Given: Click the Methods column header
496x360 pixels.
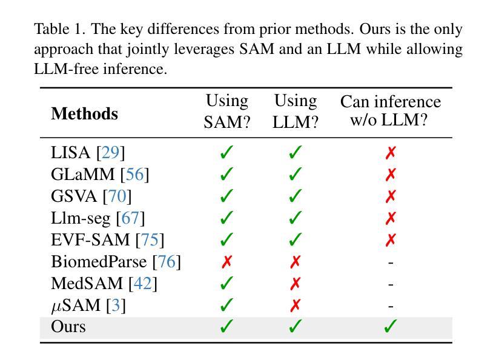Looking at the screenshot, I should (x=84, y=113).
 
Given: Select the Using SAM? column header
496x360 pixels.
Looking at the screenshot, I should (x=227, y=111).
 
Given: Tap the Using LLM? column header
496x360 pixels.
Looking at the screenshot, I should (x=295, y=111).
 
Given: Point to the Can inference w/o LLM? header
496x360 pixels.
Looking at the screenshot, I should (x=390, y=111).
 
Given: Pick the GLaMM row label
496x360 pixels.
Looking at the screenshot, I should (x=83, y=175).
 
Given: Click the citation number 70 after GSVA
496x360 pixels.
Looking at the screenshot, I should (x=117, y=196).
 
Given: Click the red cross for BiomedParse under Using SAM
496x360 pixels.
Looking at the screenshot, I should (x=227, y=262).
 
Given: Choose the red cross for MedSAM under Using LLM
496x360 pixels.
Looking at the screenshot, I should (x=295, y=284).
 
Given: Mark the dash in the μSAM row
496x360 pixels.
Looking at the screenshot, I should (x=391, y=306).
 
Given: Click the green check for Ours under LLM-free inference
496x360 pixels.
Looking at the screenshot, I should (x=391, y=327).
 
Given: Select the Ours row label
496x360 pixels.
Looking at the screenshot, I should (x=68, y=327).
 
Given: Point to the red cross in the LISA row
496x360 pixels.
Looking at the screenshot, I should (x=391, y=153).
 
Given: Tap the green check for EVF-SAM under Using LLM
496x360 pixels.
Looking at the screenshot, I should (x=295, y=240).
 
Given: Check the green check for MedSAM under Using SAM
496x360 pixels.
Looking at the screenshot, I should (x=227, y=284).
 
